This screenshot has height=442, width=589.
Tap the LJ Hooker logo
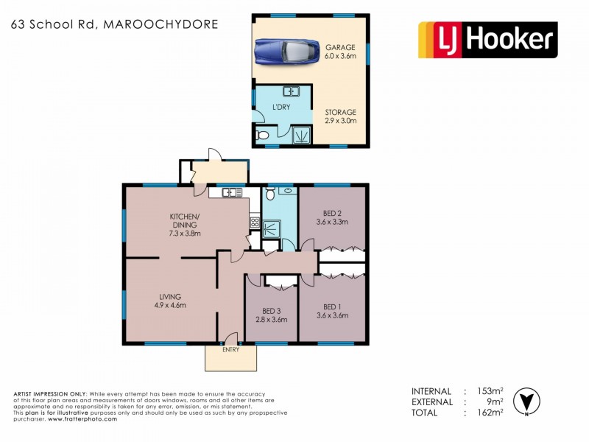pyautogui.click(x=487, y=40)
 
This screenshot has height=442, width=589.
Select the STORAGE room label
pyautogui.click(x=340, y=113)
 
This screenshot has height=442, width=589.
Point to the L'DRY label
pyautogui.click(x=281, y=108)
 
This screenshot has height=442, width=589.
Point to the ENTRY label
pyautogui.click(x=231, y=349)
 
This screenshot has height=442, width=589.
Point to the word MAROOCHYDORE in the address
pyautogui.click(x=161, y=24)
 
